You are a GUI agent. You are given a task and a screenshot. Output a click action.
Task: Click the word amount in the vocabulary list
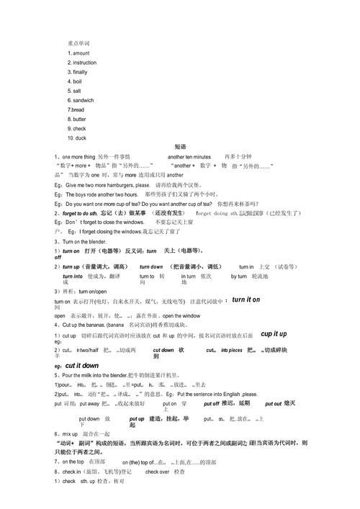(x=81, y=53)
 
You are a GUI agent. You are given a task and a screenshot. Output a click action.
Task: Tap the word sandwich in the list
(x=84, y=100)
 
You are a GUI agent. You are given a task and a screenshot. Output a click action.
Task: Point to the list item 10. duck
(x=77, y=138)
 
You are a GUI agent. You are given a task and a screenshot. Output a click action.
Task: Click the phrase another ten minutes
(x=189, y=156)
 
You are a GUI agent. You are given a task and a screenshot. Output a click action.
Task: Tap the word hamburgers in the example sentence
(x=118, y=185)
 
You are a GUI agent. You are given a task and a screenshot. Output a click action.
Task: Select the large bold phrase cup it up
(x=274, y=334)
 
